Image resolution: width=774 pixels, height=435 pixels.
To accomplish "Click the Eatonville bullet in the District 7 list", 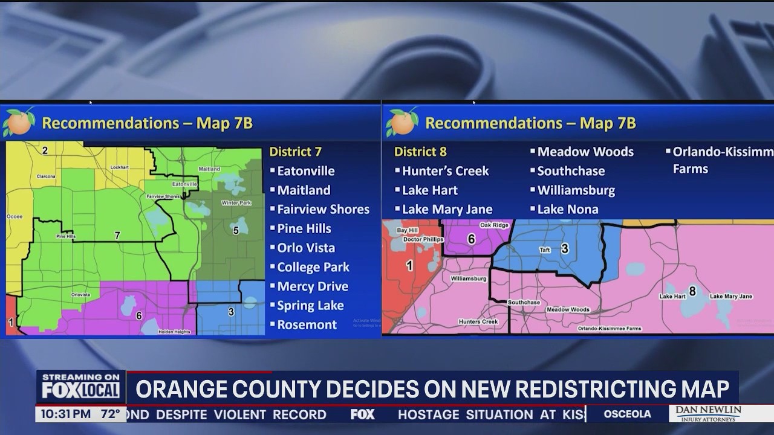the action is pyautogui.click(x=305, y=171).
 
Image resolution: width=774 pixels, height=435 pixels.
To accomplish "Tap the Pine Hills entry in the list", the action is pyautogui.click(x=304, y=228).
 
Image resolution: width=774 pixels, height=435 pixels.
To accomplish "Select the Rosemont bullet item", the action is pyautogui.click(x=307, y=324).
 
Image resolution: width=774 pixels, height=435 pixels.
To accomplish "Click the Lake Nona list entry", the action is pyautogui.click(x=568, y=209).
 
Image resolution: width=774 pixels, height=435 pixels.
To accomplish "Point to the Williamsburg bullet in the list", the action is pyautogui.click(x=576, y=190).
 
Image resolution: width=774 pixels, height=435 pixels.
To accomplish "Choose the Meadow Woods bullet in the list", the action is pyautogui.click(x=585, y=152).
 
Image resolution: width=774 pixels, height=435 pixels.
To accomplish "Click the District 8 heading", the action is pyautogui.click(x=420, y=152).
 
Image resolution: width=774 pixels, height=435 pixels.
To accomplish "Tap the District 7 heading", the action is pyautogui.click(x=295, y=152).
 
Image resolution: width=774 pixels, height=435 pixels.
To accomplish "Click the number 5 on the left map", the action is pyautogui.click(x=236, y=230).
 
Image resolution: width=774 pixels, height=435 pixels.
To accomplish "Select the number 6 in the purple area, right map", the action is pyautogui.click(x=471, y=239).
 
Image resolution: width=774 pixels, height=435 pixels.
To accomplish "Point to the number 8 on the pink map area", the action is pyautogui.click(x=692, y=291).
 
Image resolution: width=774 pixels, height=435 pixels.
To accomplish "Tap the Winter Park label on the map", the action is pyautogui.click(x=236, y=203).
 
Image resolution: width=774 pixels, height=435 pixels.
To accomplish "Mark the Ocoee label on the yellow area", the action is pyautogui.click(x=15, y=216).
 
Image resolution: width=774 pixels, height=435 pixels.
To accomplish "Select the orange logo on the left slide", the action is pyautogui.click(x=19, y=123).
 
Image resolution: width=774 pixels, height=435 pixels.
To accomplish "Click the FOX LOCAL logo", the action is pyautogui.click(x=80, y=387).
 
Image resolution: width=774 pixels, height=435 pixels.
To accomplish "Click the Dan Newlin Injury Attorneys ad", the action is pyautogui.click(x=707, y=414).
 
